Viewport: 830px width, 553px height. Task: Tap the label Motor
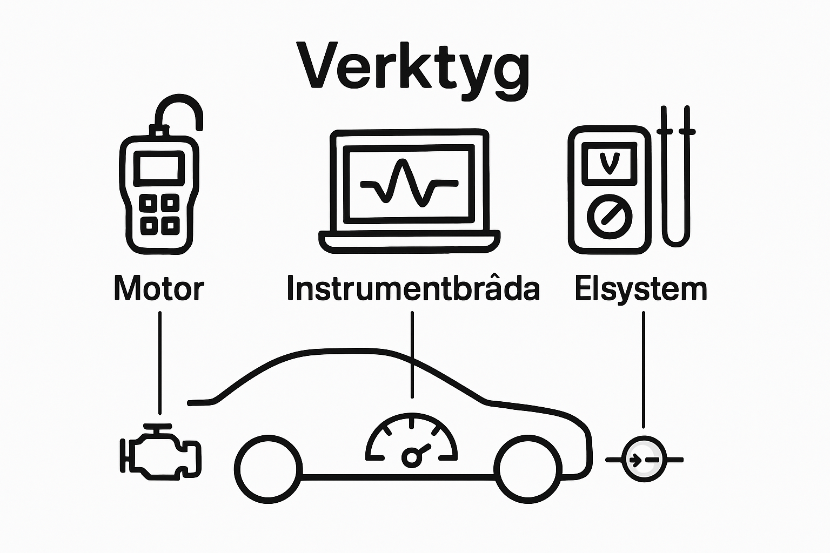(159, 289)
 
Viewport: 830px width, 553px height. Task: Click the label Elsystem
(641, 289)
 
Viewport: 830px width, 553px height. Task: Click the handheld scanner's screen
(159, 167)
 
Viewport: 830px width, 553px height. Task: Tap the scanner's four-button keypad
(159, 214)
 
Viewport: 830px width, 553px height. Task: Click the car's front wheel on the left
(268, 468)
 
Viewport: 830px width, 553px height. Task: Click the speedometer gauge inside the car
(412, 440)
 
